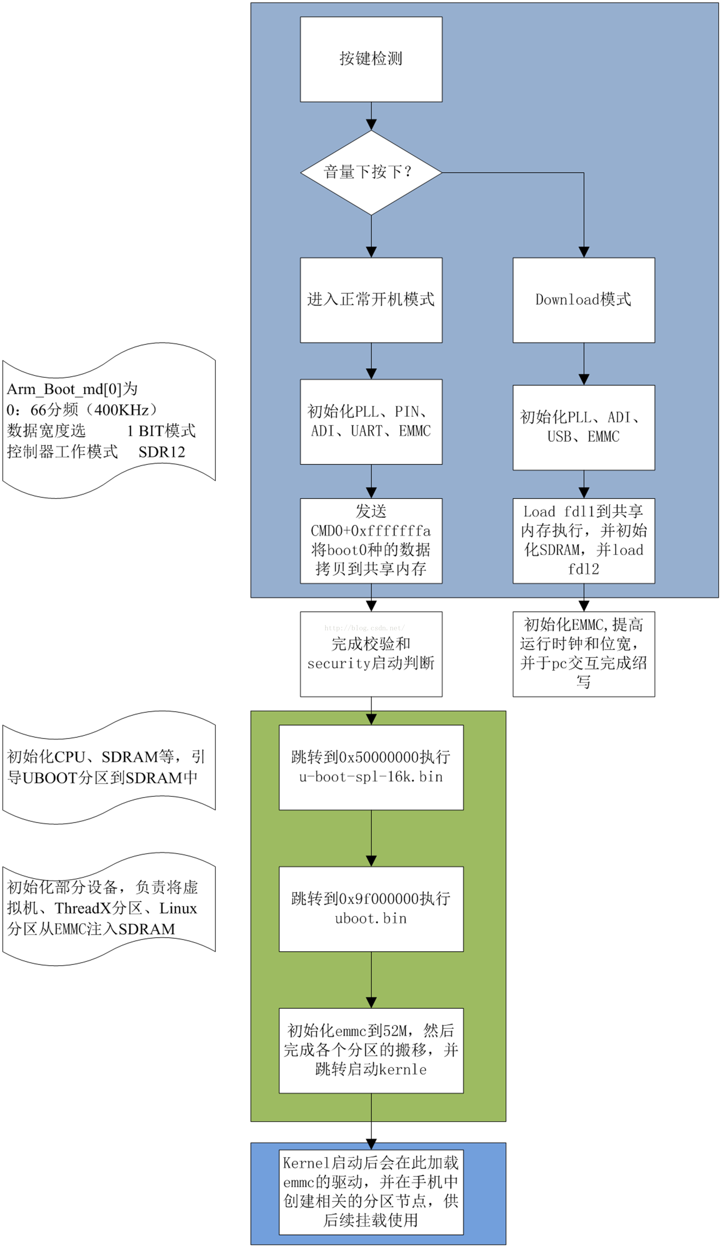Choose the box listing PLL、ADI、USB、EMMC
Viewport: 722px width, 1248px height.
coord(583,427)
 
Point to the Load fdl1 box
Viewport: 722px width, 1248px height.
coord(583,540)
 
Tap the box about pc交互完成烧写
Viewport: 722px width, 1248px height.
coord(583,654)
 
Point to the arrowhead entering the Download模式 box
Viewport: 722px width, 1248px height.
coord(584,252)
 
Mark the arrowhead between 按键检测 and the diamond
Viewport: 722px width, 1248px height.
coord(371,124)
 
